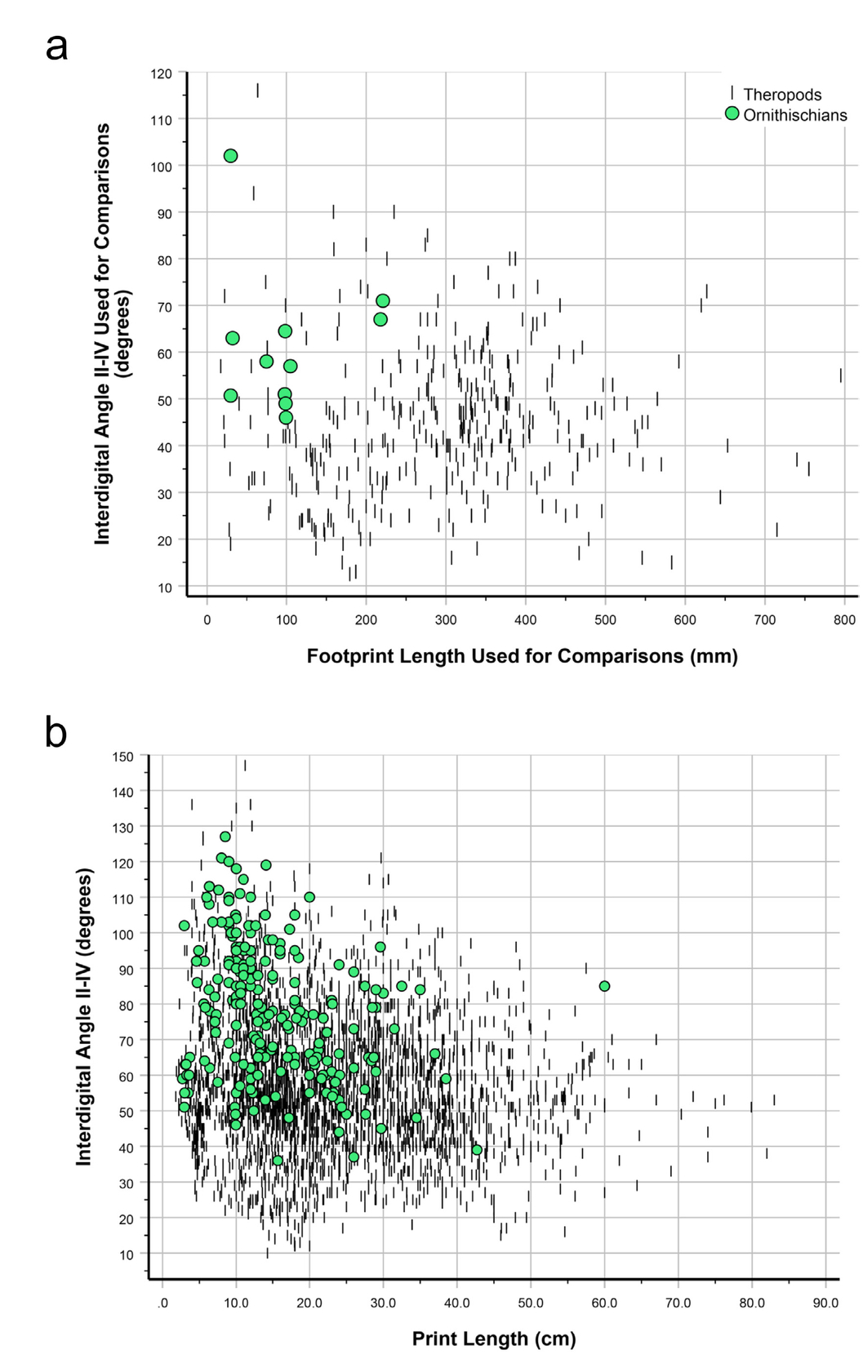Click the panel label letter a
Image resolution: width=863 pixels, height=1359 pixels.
[x=56, y=47]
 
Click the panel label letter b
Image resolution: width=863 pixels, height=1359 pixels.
[x=56, y=732]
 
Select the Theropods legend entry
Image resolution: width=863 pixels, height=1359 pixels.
[x=781, y=95]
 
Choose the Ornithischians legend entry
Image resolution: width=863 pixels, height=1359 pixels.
[x=794, y=115]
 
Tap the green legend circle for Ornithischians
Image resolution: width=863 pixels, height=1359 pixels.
[x=732, y=113]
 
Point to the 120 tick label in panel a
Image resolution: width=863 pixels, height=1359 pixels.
[x=162, y=73]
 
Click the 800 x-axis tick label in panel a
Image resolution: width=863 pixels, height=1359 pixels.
[x=844, y=620]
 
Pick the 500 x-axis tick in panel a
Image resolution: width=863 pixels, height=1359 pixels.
[x=605, y=620]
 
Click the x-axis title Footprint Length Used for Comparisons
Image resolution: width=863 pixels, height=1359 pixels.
[x=522, y=656]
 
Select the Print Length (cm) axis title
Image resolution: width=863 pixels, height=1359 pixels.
[x=494, y=1339]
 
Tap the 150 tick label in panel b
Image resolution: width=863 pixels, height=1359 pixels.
[x=122, y=757]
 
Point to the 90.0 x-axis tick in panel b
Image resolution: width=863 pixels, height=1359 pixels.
[x=825, y=1303]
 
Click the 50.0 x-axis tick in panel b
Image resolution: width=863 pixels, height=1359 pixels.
[x=531, y=1303]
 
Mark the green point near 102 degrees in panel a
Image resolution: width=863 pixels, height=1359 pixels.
[x=230, y=156]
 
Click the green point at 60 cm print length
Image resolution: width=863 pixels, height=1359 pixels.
[x=604, y=986]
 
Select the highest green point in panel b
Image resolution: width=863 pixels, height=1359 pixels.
[x=225, y=837]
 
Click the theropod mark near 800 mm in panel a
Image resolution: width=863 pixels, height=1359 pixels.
[x=841, y=375]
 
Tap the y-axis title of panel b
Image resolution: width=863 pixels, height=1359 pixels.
[x=84, y=1016]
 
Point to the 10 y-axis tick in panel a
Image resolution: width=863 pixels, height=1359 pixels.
[x=165, y=588]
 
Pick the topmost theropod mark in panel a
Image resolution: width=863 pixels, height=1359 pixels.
[x=258, y=90]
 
